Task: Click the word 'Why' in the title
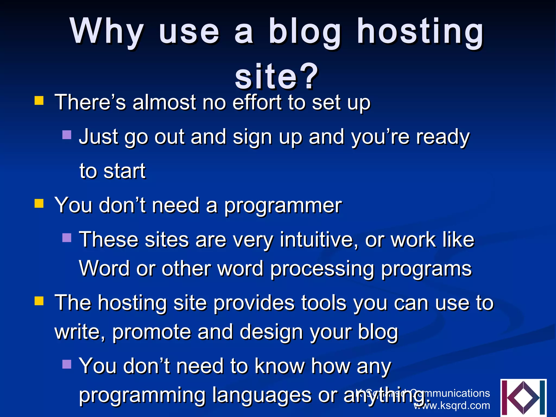(107, 31)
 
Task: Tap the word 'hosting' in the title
(420, 31)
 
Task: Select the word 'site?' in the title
(276, 77)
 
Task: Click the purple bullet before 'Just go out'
(67, 135)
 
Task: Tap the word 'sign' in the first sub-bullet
(252, 137)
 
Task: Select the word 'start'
(125, 171)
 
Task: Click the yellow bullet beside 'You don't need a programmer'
(39, 203)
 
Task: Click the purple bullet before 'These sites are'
(67, 238)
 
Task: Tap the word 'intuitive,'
(319, 240)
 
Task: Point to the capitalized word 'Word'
(104, 268)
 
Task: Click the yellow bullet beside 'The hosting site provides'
(39, 301)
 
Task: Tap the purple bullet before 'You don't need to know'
(67, 364)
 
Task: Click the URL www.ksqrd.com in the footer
(452, 406)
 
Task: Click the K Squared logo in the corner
(523, 398)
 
